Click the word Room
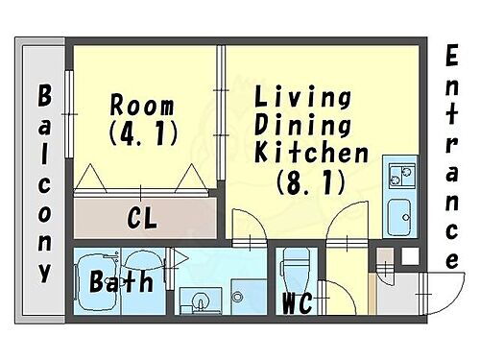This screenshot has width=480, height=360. coord(141,104)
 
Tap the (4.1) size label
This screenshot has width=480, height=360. coord(144,133)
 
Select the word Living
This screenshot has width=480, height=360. coord(302,97)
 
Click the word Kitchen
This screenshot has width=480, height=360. coord(312,152)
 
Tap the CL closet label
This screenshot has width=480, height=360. coord(143,219)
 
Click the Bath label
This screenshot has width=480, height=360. coord(122,283)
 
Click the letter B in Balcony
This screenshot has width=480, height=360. coord(44,97)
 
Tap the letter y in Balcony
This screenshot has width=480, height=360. coord(44,271)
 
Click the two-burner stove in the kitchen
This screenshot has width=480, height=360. coord(398,175)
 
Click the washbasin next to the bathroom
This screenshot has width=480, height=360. coord(201,300)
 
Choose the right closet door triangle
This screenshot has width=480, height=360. coord(193,178)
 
